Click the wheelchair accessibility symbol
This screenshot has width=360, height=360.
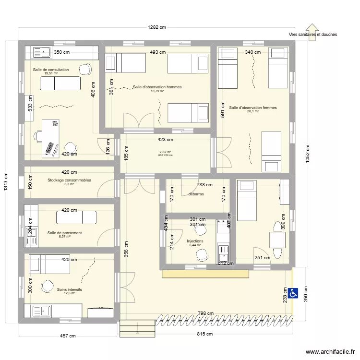tap(293, 292)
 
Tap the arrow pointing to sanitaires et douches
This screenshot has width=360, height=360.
tap(312, 32)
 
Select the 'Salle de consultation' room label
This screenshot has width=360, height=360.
tap(51, 70)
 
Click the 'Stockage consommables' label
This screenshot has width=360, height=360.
tap(69, 180)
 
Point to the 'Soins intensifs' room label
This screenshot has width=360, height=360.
tap(70, 290)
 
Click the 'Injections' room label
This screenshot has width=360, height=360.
tap(195, 241)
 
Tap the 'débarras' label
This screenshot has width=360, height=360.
tap(196, 194)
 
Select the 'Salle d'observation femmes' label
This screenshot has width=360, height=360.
tap(253, 108)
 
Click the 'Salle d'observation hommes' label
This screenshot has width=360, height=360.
tap(157, 87)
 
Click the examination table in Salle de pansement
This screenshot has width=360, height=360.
tap(76, 217)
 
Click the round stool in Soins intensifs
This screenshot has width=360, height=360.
tap(47, 287)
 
